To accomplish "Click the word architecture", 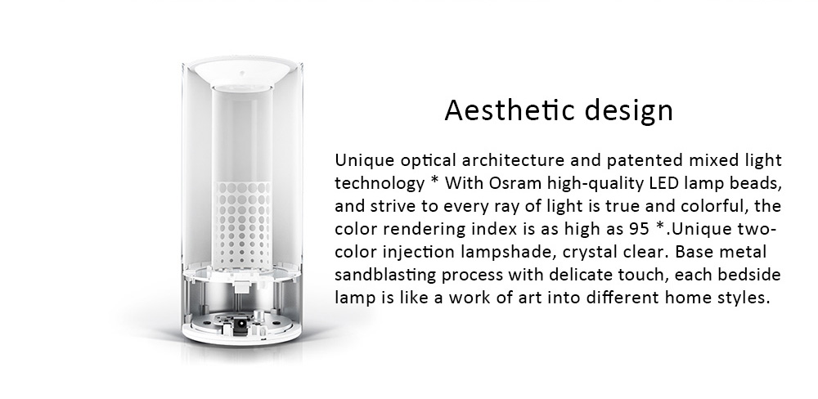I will click(508, 159).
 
